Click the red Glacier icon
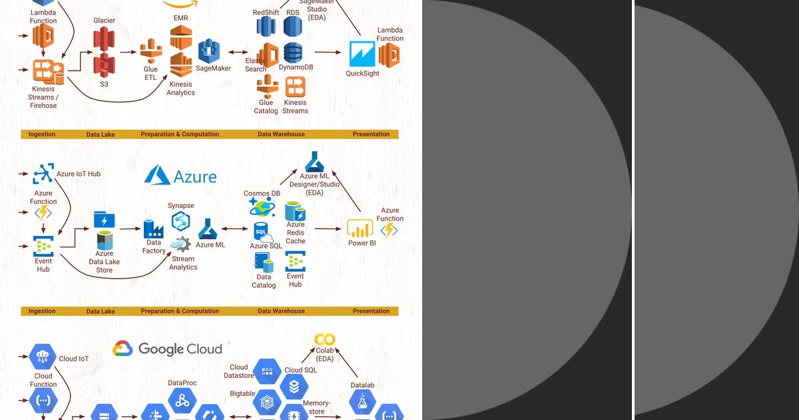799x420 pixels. pyautogui.click(x=104, y=39)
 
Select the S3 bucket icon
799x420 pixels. pyautogui.click(x=104, y=66)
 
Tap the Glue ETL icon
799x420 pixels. pyautogui.click(x=151, y=52)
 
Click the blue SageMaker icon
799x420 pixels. pyautogui.click(x=209, y=51)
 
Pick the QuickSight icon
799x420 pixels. pyautogui.click(x=362, y=54)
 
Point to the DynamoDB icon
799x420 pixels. pyautogui.click(x=293, y=52)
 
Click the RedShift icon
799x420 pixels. pyautogui.click(x=266, y=27)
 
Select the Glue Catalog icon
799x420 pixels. pyautogui.click(x=267, y=86)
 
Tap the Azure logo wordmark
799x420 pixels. pyautogui.click(x=181, y=176)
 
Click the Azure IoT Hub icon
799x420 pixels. pyautogui.click(x=43, y=174)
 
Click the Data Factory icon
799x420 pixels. pyautogui.click(x=153, y=229)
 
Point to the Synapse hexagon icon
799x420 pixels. pyautogui.click(x=180, y=221)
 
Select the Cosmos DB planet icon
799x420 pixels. pyautogui.click(x=262, y=208)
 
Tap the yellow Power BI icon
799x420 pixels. pyautogui.click(x=360, y=229)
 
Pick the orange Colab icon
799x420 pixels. pyautogui.click(x=324, y=340)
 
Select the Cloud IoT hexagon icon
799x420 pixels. pyautogui.click(x=42, y=356)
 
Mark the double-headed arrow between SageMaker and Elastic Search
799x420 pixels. pyautogui.click(x=238, y=51)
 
